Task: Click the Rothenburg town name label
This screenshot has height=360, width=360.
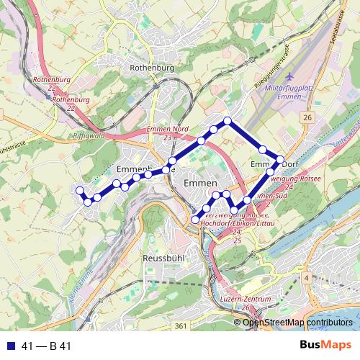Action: pos(152,67)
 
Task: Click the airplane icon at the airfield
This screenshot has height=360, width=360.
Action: pos(289,76)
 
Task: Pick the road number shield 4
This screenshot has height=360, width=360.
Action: pos(306,278)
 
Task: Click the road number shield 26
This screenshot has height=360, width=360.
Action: pos(307,117)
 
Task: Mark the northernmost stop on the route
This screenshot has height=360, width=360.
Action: pos(228,120)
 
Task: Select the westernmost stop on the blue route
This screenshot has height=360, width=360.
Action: pos(79,190)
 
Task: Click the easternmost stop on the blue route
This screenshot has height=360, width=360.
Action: pos(281,161)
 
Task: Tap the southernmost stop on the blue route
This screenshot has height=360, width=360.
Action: pos(195,220)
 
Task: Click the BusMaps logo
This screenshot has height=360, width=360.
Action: pos(325,346)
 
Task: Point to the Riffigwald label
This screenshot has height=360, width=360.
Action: pos(89,135)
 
